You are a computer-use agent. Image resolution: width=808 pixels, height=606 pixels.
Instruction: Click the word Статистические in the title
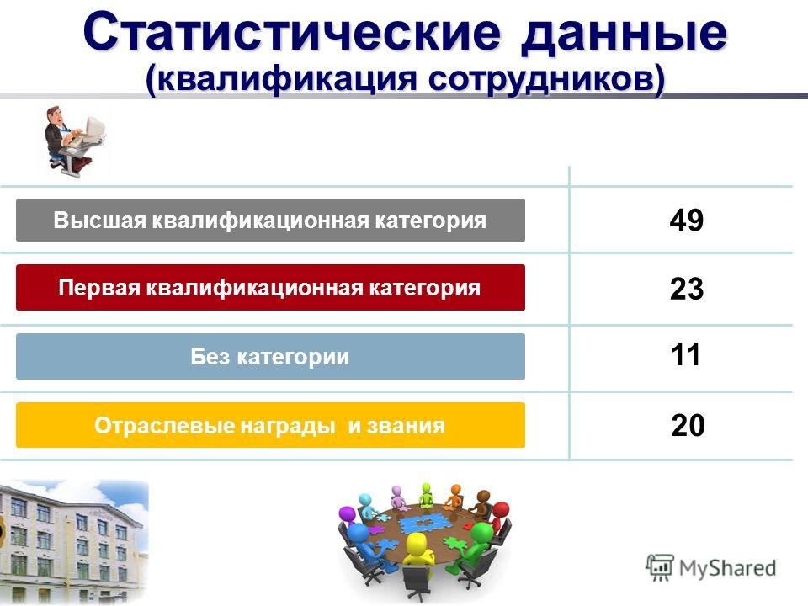(x=292, y=32)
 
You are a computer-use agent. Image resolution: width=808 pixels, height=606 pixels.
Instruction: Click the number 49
(x=687, y=220)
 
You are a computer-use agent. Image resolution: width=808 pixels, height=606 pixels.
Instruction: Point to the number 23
(x=687, y=289)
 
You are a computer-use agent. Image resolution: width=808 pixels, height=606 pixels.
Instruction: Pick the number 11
(x=686, y=355)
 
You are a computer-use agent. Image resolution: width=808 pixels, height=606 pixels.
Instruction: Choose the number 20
(x=688, y=425)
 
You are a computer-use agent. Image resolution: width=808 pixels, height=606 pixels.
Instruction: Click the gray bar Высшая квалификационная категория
(x=270, y=220)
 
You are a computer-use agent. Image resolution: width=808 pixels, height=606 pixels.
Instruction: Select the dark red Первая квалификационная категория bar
(x=270, y=288)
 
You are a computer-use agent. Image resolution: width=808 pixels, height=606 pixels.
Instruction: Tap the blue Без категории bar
(x=270, y=357)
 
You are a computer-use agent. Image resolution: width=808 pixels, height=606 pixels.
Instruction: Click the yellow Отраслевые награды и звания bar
(x=270, y=425)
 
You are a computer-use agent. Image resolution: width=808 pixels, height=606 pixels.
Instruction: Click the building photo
(x=74, y=542)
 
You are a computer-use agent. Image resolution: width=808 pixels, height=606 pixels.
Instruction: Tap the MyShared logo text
(x=727, y=568)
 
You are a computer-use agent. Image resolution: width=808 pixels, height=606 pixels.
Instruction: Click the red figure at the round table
(x=497, y=517)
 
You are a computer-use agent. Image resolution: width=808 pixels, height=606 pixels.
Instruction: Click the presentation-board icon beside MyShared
(x=660, y=568)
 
